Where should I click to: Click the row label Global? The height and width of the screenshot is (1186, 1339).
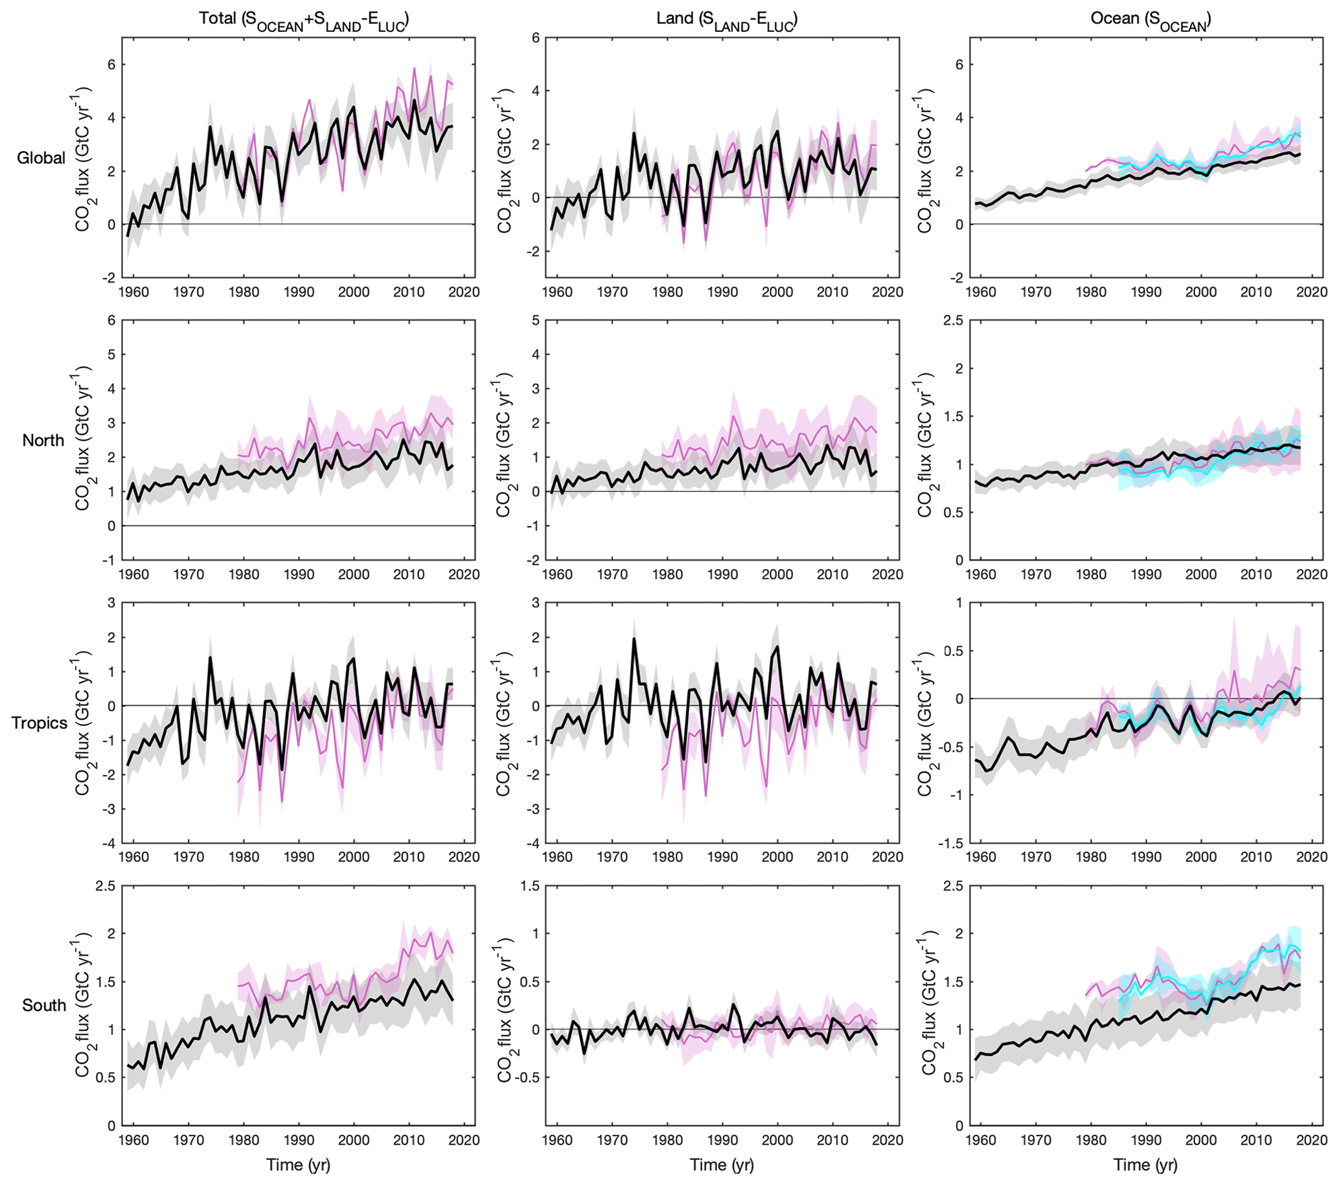pos(41,158)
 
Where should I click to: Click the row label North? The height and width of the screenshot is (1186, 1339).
pos(43,440)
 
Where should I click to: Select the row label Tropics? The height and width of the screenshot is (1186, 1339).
pos(40,723)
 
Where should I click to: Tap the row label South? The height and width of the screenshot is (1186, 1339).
pos(44,1005)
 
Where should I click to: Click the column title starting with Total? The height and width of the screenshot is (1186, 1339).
pos(304,19)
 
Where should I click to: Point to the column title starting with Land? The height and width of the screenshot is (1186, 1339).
pos(726,19)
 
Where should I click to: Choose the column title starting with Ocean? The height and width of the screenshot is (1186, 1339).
pos(1150,19)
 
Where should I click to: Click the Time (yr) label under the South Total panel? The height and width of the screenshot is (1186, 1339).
pos(298,1165)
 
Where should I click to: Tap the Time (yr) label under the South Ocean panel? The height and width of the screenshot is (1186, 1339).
pos(1145,1165)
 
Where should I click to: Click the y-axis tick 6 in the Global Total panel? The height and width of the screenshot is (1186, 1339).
pos(112,65)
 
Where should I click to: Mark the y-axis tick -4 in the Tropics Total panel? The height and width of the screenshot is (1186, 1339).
pos(109,843)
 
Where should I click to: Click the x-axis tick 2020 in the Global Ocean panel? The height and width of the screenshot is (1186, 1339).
pos(1311,292)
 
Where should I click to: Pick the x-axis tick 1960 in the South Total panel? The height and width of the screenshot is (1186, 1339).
pos(133,1140)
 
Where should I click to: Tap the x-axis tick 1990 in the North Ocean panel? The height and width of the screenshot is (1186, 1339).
pos(1146,575)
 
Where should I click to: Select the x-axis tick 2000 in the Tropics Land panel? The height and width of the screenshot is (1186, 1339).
pos(777,857)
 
